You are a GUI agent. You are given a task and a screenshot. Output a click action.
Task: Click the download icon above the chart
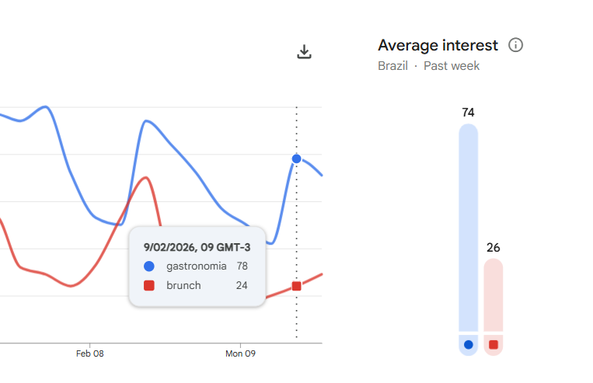coord(305,52)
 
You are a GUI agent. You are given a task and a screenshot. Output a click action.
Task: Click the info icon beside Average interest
coord(515,45)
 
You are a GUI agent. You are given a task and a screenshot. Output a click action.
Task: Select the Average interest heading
coord(438,45)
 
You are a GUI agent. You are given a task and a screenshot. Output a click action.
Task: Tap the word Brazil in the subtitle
coord(392,66)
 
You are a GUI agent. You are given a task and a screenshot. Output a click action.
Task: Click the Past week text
coord(452,66)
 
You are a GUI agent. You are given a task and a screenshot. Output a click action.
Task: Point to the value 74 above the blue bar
coord(468,113)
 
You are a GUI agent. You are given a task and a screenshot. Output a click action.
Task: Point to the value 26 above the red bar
coord(494,248)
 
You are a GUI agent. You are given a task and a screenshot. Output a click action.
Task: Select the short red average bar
coord(494,295)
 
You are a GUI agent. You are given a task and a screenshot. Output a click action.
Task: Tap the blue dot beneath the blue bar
coord(468,344)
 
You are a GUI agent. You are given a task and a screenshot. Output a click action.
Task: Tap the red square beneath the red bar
coord(494,344)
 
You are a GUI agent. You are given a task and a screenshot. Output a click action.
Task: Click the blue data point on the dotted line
coord(296,158)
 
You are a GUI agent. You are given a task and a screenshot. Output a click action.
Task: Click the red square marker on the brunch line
coord(296,286)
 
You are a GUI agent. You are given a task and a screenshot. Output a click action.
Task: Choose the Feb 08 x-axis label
coord(89,354)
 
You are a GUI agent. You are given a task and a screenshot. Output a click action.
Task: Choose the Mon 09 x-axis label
coord(240,354)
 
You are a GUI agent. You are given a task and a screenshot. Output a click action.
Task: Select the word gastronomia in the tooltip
coord(197,266)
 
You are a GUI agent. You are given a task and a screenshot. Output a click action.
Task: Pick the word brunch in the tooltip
coord(183,285)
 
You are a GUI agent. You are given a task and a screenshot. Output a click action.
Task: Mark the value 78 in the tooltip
coord(242,266)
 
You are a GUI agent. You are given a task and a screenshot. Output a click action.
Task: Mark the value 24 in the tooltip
coord(242,285)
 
